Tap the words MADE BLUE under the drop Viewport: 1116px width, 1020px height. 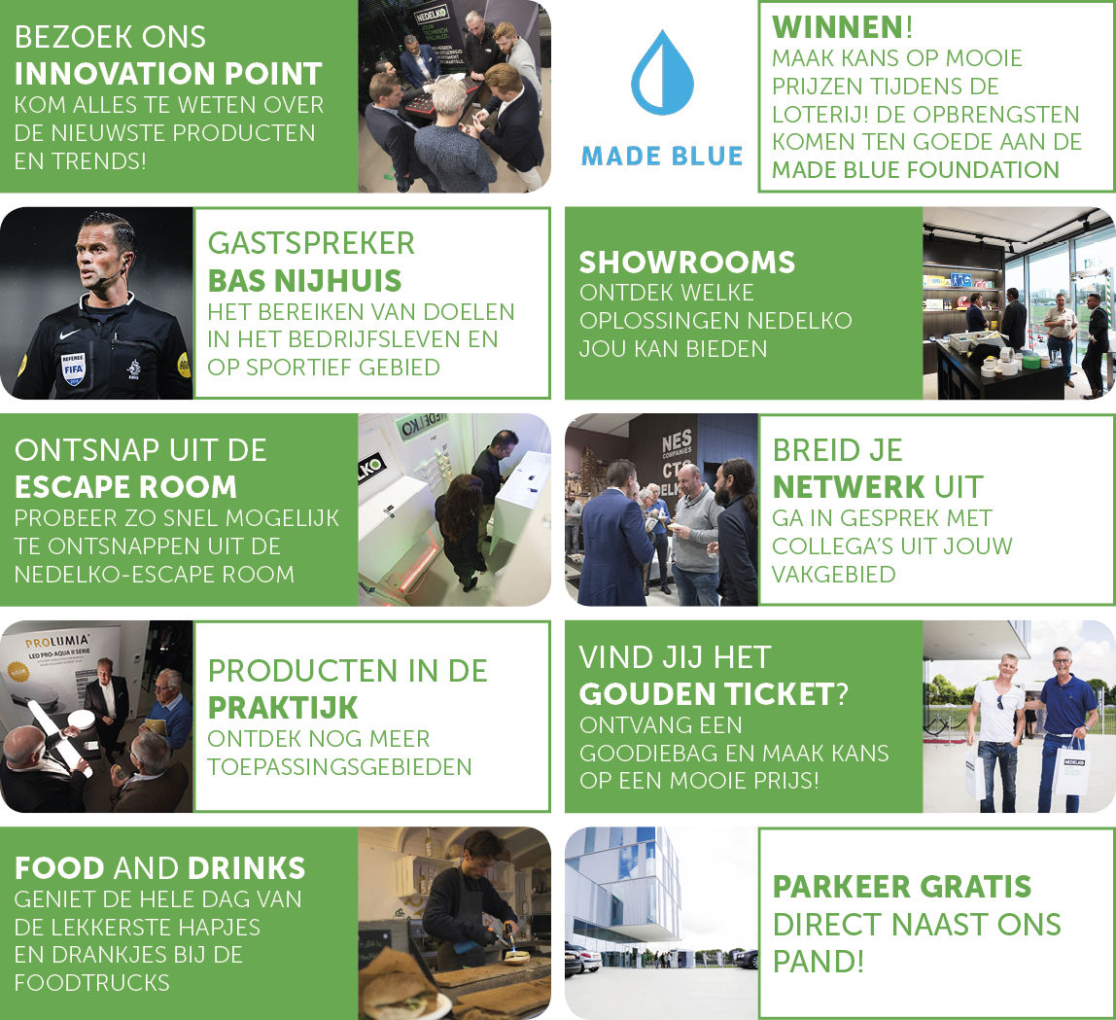(x=662, y=156)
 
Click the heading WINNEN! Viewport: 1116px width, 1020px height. (x=842, y=27)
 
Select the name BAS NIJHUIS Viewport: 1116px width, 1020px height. (x=304, y=280)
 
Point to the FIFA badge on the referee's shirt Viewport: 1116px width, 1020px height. (x=73, y=368)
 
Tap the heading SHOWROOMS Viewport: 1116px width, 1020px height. (x=687, y=262)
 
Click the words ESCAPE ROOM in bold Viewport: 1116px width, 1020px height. (x=125, y=487)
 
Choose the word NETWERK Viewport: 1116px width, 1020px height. (x=849, y=487)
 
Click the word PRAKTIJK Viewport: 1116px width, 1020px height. (x=283, y=708)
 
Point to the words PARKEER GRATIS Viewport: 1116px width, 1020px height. (x=902, y=887)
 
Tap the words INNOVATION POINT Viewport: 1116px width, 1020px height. (x=168, y=74)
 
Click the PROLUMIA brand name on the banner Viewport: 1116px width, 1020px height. (x=57, y=642)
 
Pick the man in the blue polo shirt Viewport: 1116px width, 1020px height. (x=1064, y=729)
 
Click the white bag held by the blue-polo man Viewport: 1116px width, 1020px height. (x=1071, y=766)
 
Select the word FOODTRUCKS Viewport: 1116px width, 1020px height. (x=91, y=983)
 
